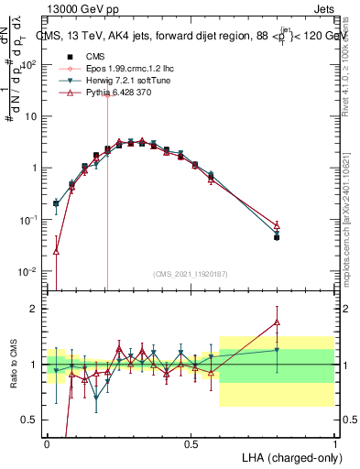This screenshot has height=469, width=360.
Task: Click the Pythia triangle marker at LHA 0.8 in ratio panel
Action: (x=277, y=321)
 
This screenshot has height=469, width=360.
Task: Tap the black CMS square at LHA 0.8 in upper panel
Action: (x=277, y=237)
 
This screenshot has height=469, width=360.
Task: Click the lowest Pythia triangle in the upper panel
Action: (x=56, y=251)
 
